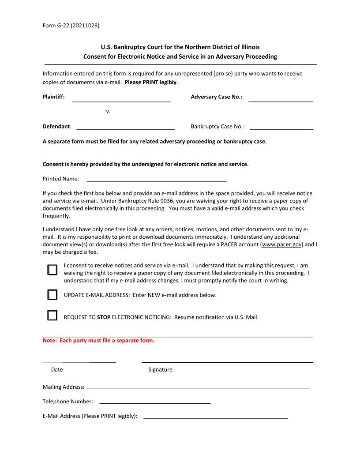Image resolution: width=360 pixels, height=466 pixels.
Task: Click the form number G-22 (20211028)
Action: pyautogui.click(x=71, y=25)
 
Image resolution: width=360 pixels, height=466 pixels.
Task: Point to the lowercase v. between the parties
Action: pyautogui.click(x=108, y=112)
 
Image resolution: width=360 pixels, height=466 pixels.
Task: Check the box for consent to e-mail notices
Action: pyautogui.click(x=52, y=270)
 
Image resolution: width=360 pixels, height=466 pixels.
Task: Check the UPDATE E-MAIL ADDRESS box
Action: pyautogui.click(x=52, y=295)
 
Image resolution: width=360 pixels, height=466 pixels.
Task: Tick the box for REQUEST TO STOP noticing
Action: pyautogui.click(x=52, y=315)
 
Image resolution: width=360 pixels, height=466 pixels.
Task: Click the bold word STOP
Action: pyautogui.click(x=104, y=317)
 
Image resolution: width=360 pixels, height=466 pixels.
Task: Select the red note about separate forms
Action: pyautogui.click(x=98, y=341)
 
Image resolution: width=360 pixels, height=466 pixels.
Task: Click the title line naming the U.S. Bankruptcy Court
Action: pyautogui.click(x=180, y=47)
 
